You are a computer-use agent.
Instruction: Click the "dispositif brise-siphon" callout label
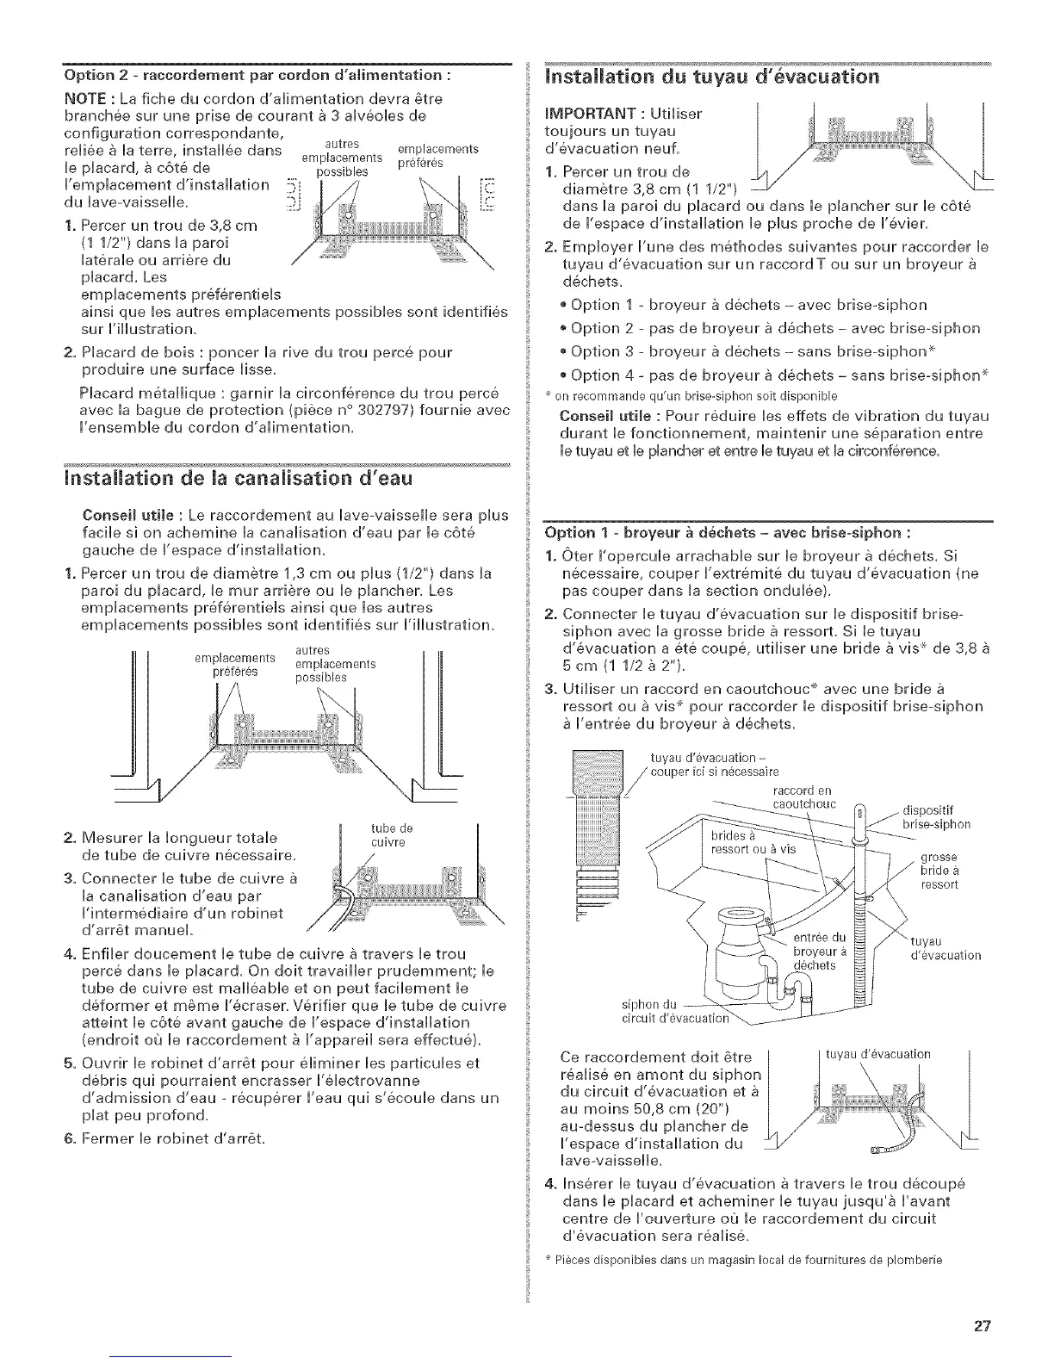(935, 816)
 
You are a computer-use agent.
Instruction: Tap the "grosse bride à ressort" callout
(939, 871)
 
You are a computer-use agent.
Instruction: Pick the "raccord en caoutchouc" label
(801, 797)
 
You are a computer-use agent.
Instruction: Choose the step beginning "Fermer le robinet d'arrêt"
(167, 1138)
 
